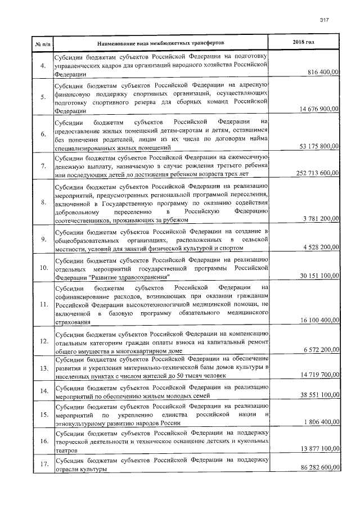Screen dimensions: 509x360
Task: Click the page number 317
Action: point(324,20)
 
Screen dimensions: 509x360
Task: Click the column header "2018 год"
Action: point(304,43)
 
